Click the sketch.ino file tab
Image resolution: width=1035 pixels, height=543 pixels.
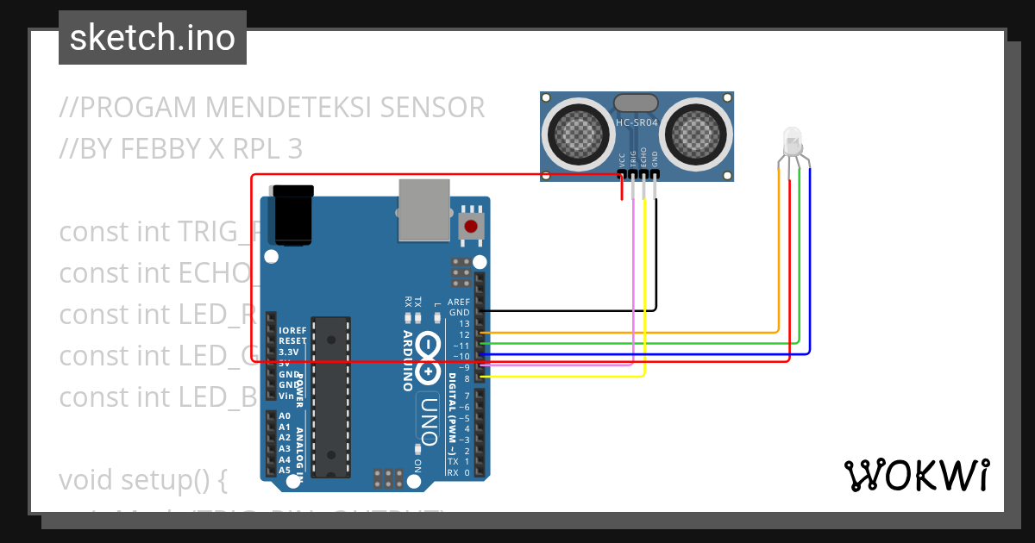[x=153, y=38]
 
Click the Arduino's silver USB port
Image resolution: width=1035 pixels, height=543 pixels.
[x=424, y=209]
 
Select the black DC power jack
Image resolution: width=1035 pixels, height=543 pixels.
[x=292, y=215]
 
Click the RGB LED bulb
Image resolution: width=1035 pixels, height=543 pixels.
[x=791, y=140]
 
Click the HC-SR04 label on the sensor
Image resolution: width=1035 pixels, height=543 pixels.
[x=637, y=123]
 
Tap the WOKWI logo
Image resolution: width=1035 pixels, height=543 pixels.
[x=917, y=475]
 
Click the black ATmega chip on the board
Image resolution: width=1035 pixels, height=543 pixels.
[x=331, y=396]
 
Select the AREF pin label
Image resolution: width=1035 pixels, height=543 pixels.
[x=460, y=303]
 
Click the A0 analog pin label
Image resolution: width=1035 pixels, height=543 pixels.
[x=285, y=415]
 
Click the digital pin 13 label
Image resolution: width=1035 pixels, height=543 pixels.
[x=465, y=323]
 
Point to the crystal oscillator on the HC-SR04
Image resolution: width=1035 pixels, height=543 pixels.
[x=637, y=103]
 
